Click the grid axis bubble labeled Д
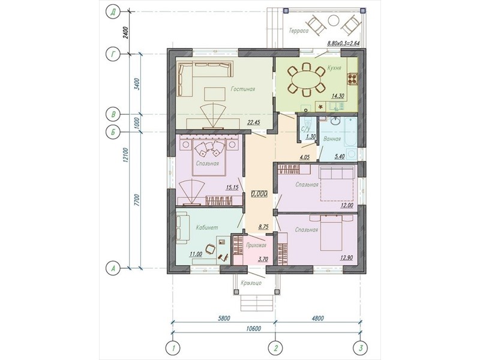coord(113,12)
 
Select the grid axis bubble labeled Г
coord(113,54)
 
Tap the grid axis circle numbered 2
coord(275,348)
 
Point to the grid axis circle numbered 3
coord(361,348)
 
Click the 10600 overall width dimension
coord(253,328)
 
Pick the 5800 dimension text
coord(223,318)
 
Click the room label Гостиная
coord(243,89)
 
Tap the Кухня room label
coord(334,68)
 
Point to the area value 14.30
coord(338,96)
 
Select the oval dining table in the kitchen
coord(306,79)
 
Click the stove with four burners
coord(352,79)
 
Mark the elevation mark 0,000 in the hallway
coord(259,193)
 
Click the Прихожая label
coord(256,245)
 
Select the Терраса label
coord(298,31)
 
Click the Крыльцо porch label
coord(251,283)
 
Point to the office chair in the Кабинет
coord(210,248)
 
